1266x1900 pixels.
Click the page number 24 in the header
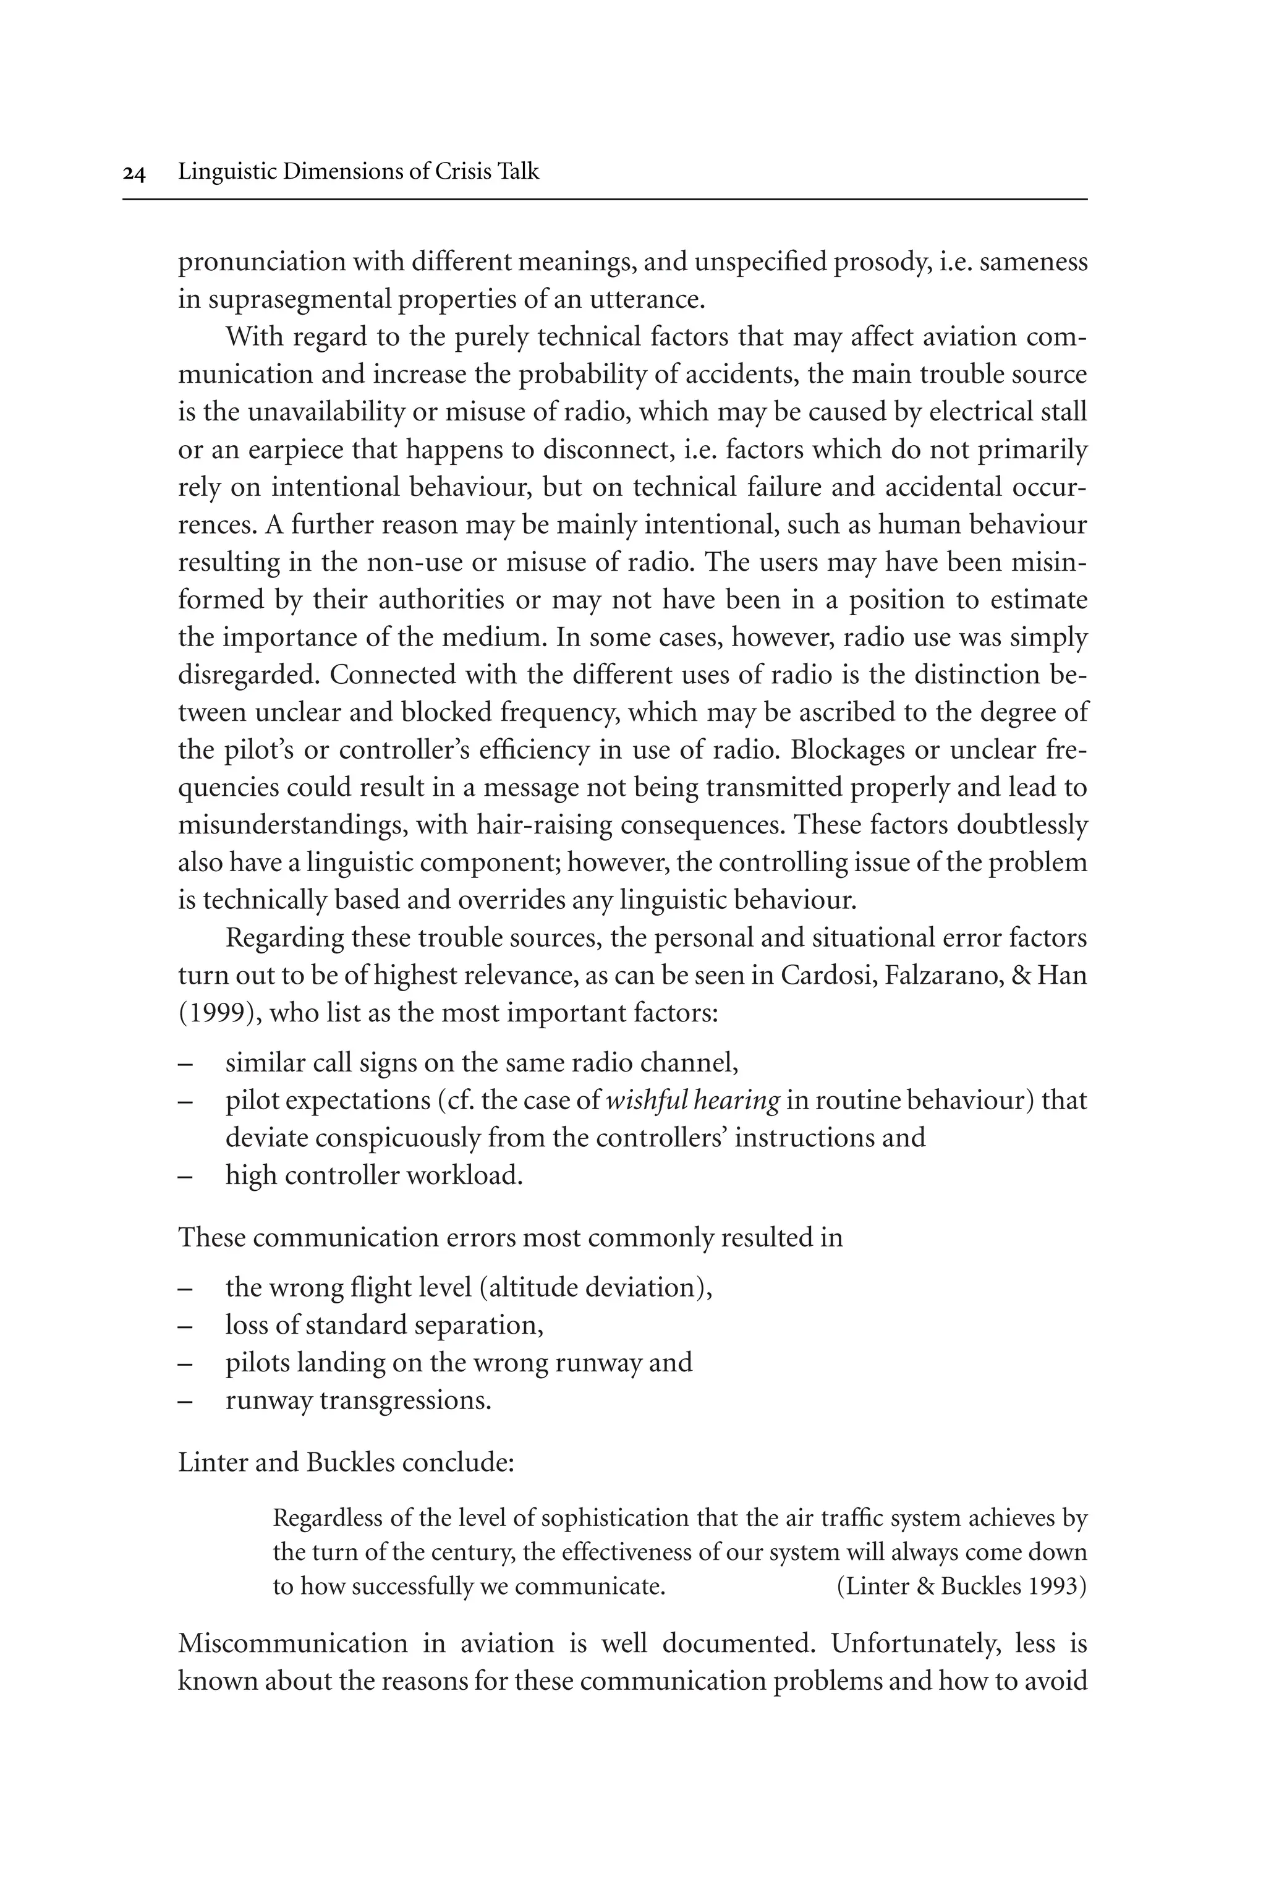(x=134, y=173)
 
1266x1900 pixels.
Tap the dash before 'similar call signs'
(x=185, y=1063)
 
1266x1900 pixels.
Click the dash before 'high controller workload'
(x=185, y=1176)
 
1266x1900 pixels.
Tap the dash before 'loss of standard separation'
(x=185, y=1325)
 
